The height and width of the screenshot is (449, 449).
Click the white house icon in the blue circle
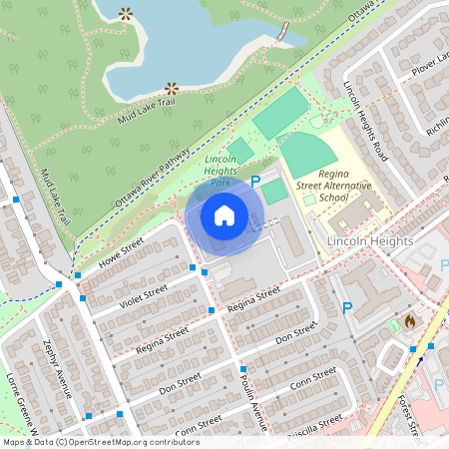tap(224, 215)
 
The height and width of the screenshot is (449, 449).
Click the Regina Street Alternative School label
tap(337, 186)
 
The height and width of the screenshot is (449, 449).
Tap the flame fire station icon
tap(410, 321)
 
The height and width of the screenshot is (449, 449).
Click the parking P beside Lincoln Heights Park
tap(255, 183)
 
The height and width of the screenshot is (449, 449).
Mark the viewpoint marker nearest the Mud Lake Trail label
tap(172, 88)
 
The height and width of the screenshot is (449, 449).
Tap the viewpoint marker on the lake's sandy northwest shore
tap(126, 14)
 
